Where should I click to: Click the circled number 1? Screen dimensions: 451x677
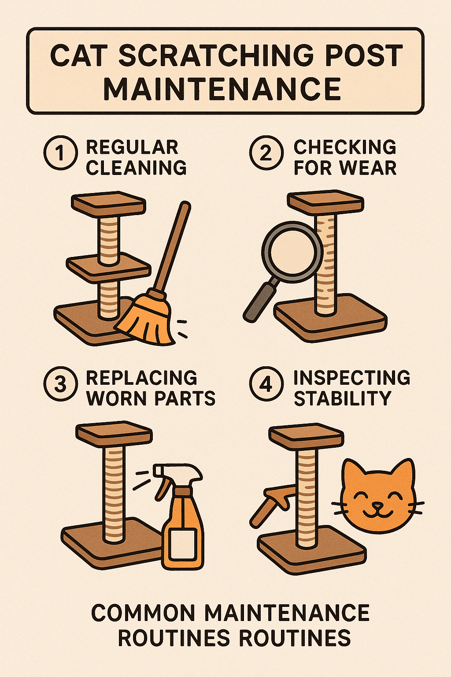pyautogui.click(x=60, y=153)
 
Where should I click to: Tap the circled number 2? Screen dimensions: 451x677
pyautogui.click(x=266, y=153)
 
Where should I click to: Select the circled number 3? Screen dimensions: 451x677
pyautogui.click(x=60, y=383)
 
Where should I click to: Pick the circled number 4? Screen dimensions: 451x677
pyautogui.click(x=266, y=383)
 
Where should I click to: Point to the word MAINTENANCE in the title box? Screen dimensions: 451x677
pyautogui.click(x=222, y=89)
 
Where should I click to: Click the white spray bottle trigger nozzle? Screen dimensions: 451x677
pyautogui.click(x=177, y=475)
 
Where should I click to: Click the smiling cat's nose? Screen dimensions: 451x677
pyautogui.click(x=377, y=505)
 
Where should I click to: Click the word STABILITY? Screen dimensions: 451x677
pyautogui.click(x=343, y=398)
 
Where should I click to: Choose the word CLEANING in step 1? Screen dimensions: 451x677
pyautogui.click(x=136, y=168)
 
